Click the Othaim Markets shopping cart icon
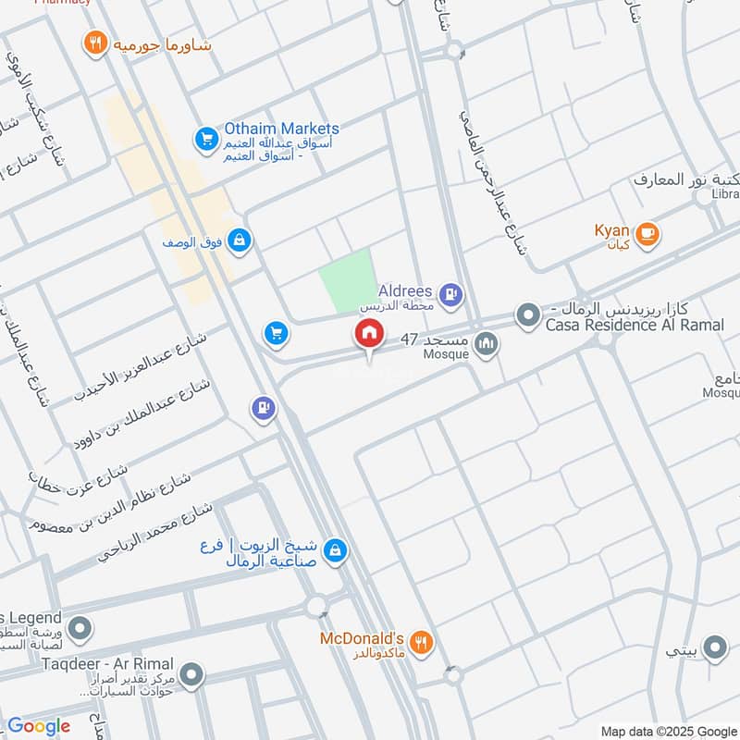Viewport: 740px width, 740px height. tap(205, 141)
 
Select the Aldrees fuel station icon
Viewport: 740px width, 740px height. tap(450, 295)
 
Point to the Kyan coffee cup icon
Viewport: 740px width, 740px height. tap(647, 232)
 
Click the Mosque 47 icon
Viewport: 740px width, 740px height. tap(486, 345)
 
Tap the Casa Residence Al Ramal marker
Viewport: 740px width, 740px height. tap(527, 316)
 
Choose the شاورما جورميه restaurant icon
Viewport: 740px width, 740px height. tap(93, 43)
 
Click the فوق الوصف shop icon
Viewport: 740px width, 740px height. tap(240, 240)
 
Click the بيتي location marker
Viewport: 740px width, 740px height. tap(714, 649)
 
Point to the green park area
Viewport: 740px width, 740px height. tap(346, 279)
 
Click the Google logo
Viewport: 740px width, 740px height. tap(38, 726)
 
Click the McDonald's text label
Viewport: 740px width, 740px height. tap(362, 639)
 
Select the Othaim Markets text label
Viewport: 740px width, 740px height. tap(281, 129)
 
